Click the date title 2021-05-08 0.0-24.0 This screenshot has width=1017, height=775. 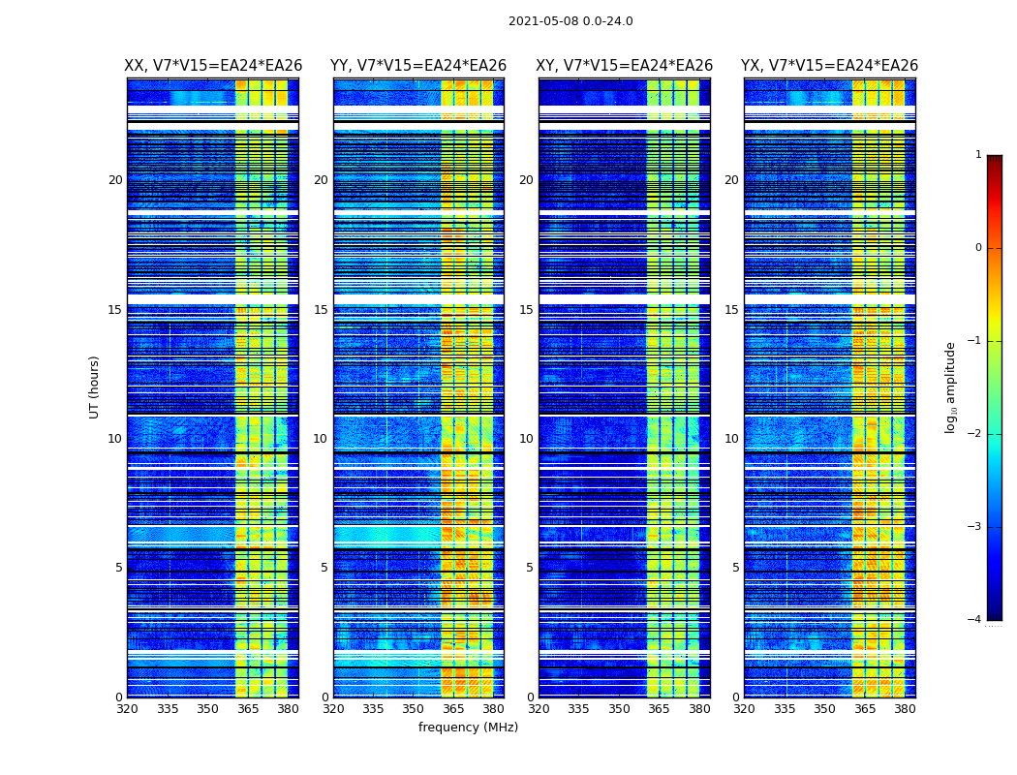pyautogui.click(x=570, y=21)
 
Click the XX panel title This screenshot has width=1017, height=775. pyautogui.click(x=213, y=66)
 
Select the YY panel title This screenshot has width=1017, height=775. pyautogui.click(x=418, y=66)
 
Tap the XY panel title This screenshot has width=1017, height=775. pyautogui.click(x=625, y=66)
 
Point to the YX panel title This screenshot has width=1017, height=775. pyautogui.click(x=830, y=66)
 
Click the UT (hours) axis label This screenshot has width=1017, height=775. pyautogui.click(x=95, y=387)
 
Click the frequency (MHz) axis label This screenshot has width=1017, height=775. pyautogui.click(x=468, y=728)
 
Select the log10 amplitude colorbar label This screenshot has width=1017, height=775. pyautogui.click(x=951, y=387)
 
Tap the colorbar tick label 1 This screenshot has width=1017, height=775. pyautogui.click(x=978, y=155)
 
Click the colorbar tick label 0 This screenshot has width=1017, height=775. pyautogui.click(x=978, y=248)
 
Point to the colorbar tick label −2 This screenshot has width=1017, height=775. pyautogui.click(x=975, y=434)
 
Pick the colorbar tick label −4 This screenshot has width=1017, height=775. pyautogui.click(x=975, y=620)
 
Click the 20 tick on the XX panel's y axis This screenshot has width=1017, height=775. pyautogui.click(x=115, y=180)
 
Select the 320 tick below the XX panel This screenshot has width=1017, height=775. pyautogui.click(x=127, y=709)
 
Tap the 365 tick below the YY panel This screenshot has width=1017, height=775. pyautogui.click(x=453, y=709)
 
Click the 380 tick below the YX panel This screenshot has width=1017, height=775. pyautogui.click(x=905, y=709)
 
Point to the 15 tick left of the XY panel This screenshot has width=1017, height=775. pyautogui.click(x=526, y=310)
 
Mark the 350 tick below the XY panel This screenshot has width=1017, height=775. pyautogui.click(x=619, y=709)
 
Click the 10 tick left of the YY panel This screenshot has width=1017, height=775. pyautogui.click(x=321, y=439)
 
